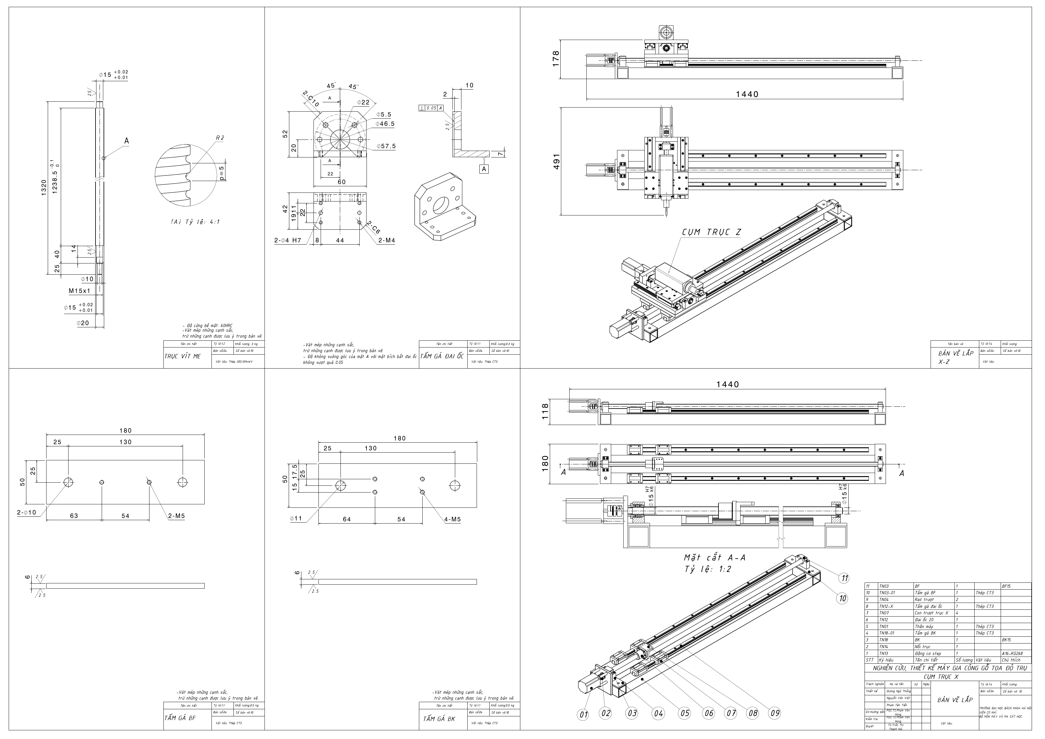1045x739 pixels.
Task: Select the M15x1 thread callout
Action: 80,290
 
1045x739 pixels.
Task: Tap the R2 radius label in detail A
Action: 220,137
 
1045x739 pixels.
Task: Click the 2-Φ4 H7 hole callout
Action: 288,240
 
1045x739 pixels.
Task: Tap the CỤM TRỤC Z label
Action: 711,232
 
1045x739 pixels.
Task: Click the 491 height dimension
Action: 556,162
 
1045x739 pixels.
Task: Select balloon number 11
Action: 844,578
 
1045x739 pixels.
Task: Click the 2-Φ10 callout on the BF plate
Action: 26,513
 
